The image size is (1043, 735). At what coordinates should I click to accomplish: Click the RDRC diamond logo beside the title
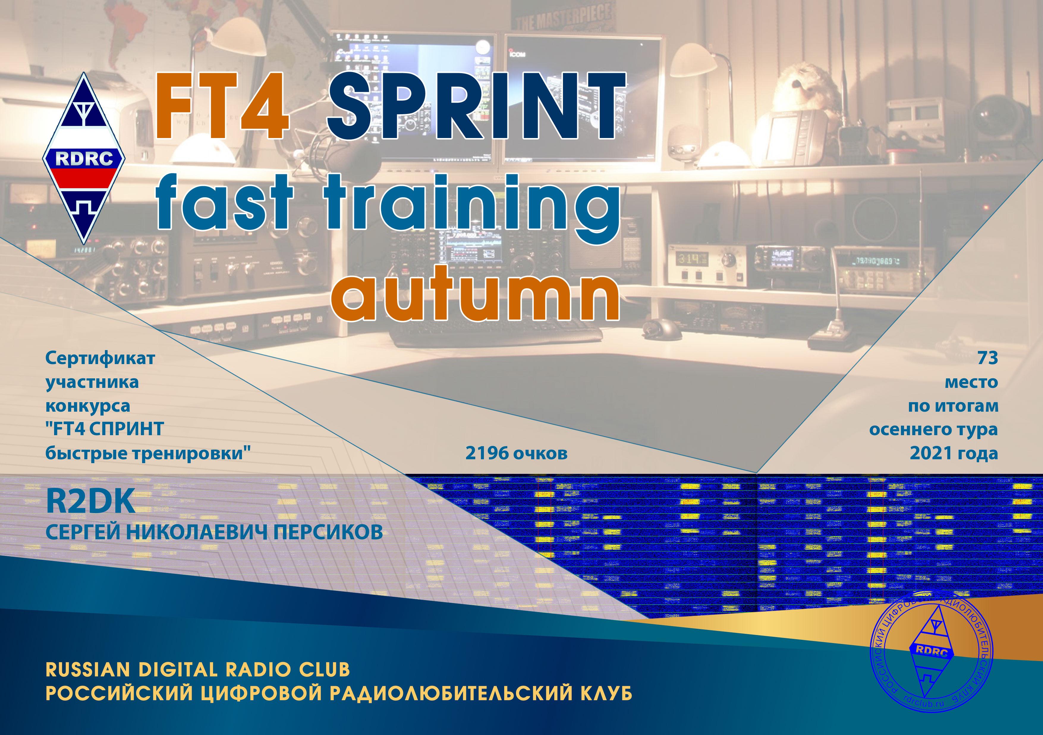coord(84,159)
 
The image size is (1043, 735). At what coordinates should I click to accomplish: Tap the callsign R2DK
coord(90,502)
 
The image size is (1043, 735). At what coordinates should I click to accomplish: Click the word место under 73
coord(971,382)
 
